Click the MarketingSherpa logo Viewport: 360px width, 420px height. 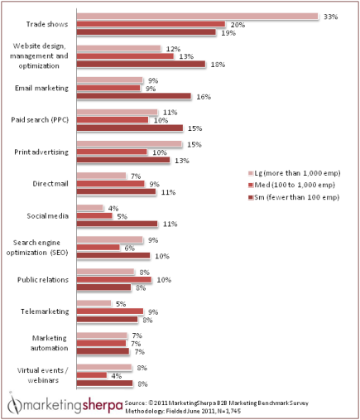pos(63,405)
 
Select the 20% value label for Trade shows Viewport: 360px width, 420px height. pos(237,25)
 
